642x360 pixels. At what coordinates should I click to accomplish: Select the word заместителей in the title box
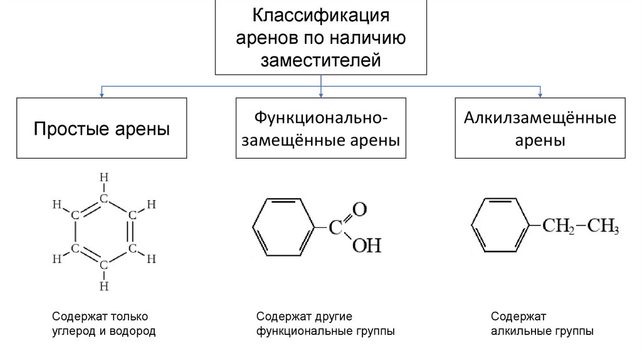pos(320,60)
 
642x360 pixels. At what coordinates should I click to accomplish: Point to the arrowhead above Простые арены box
pos(102,95)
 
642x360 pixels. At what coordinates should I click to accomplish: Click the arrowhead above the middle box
pos(320,95)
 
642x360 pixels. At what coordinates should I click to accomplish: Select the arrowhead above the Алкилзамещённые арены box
pos(540,95)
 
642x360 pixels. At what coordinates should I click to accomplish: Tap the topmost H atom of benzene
pos(104,177)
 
